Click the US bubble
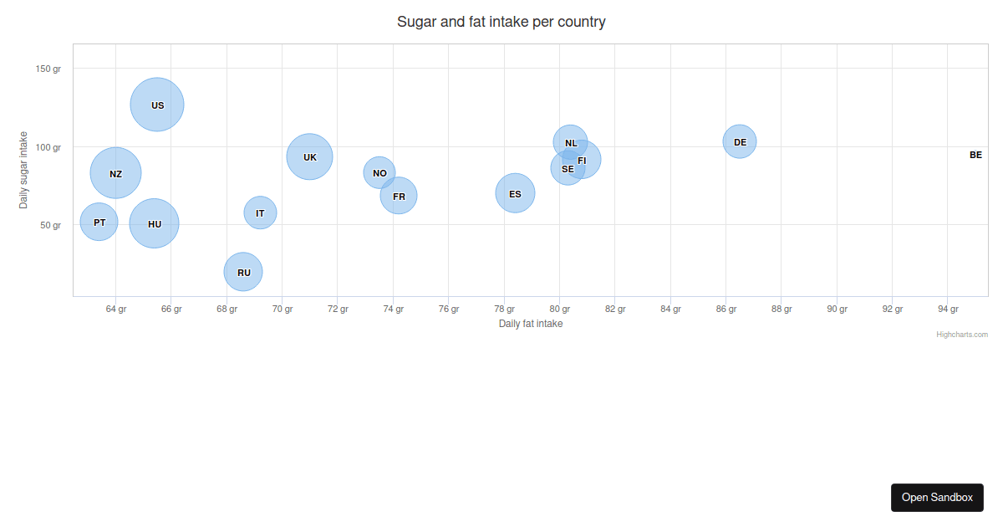pyautogui.click(x=157, y=105)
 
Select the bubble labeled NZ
pyautogui.click(x=115, y=173)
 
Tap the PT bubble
pyautogui.click(x=99, y=222)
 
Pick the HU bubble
pyautogui.click(x=154, y=223)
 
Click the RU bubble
pyautogui.click(x=243, y=272)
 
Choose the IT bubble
pyautogui.click(x=260, y=212)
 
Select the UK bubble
pyautogui.click(x=309, y=156)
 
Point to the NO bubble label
pyautogui.click(x=379, y=173)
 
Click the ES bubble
pyautogui.click(x=515, y=193)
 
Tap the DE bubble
pyautogui.click(x=740, y=141)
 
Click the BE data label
pyautogui.click(x=975, y=155)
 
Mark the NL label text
pyautogui.click(x=571, y=143)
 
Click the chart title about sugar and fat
pyautogui.click(x=501, y=22)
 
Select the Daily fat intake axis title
pyautogui.click(x=530, y=324)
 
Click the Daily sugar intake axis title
pyautogui.click(x=23, y=170)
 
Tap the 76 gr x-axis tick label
pyautogui.click(x=449, y=310)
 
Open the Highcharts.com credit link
pyautogui.click(x=961, y=335)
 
